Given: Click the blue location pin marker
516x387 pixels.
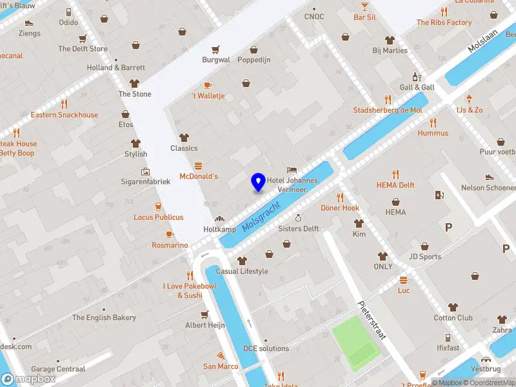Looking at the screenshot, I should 258,182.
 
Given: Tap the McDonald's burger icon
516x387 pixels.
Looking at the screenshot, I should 198,166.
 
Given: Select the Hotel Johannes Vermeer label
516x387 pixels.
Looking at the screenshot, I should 292,184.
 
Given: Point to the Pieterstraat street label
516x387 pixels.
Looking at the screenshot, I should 370,321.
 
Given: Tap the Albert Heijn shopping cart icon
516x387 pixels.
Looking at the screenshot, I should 204,315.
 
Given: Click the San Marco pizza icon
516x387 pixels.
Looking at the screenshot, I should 221,356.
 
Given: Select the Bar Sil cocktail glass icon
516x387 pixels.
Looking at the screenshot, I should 364,6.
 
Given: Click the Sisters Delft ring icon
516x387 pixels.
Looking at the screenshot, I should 298,218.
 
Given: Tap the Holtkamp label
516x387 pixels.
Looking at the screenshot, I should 219,230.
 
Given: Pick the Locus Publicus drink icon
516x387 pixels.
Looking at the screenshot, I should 158,206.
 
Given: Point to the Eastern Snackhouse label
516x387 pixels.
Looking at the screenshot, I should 64,115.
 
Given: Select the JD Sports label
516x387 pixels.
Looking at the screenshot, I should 424,256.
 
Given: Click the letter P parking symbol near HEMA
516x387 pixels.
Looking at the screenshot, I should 448,227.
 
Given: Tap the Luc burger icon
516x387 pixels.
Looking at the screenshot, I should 404,280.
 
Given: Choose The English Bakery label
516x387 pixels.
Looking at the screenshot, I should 104,317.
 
